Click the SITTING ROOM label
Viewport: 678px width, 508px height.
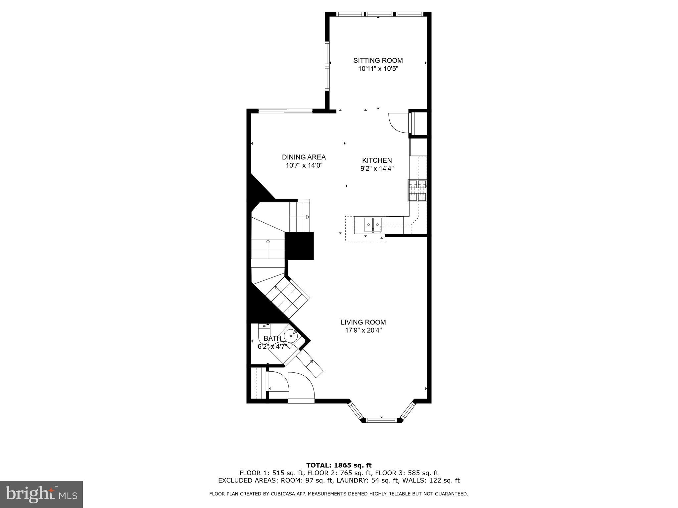pyautogui.click(x=378, y=61)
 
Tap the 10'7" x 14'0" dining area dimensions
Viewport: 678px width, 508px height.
pyautogui.click(x=304, y=165)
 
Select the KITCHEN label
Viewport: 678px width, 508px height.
pyautogui.click(x=377, y=160)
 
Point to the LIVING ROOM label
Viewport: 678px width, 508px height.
pyautogui.click(x=363, y=322)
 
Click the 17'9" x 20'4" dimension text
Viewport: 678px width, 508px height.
pyautogui.click(x=363, y=330)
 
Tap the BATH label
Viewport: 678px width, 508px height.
pyautogui.click(x=272, y=338)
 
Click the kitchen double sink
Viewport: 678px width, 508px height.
pyautogui.click(x=373, y=225)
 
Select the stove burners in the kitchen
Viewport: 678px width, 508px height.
pyautogui.click(x=417, y=190)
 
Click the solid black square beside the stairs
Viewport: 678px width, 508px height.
pyautogui.click(x=299, y=246)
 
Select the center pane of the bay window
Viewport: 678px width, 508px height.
pyautogui.click(x=381, y=420)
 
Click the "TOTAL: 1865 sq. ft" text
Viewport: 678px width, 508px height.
pyautogui.click(x=339, y=466)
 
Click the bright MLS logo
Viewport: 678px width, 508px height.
pyautogui.click(x=41, y=494)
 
